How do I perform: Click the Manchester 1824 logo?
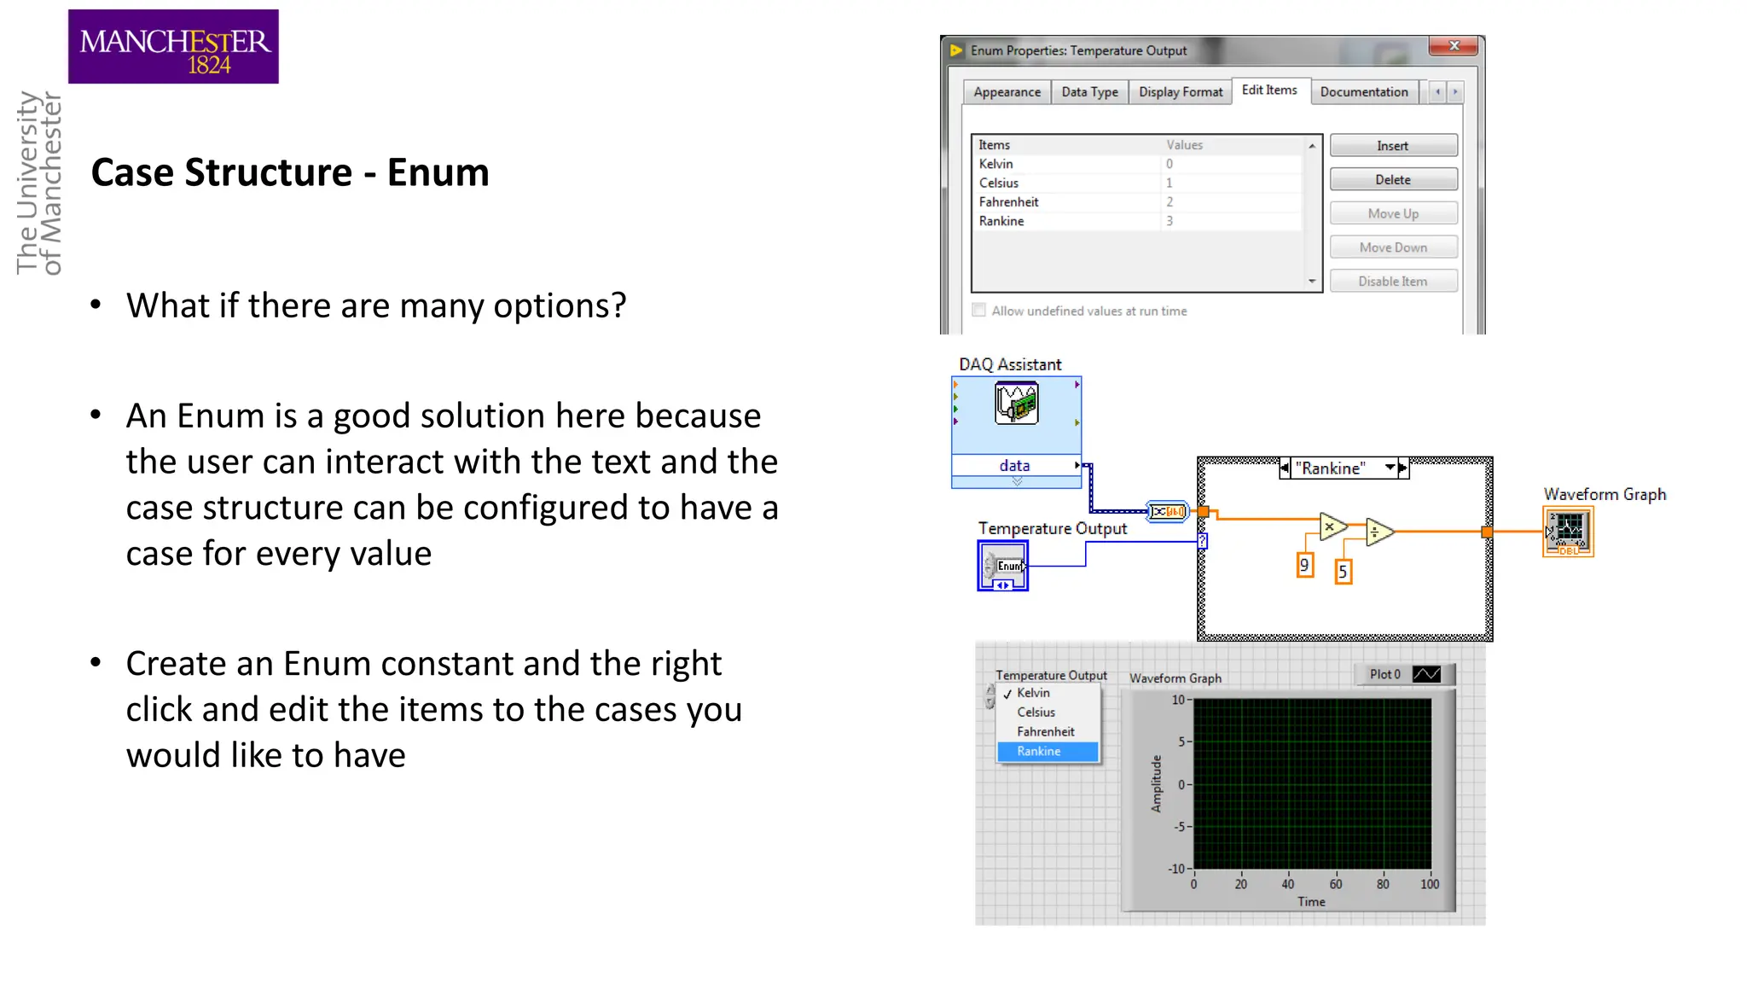pyautogui.click(x=173, y=47)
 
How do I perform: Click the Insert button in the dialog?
pyautogui.click(x=1392, y=146)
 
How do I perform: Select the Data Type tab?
pyautogui.click(x=1089, y=92)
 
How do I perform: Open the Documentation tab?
pyautogui.click(x=1363, y=92)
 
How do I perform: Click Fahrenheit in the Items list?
pyautogui.click(x=1008, y=202)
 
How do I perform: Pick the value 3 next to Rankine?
pyautogui.click(x=1170, y=221)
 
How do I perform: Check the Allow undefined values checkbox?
pyautogui.click(x=979, y=311)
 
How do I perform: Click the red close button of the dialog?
pyautogui.click(x=1454, y=46)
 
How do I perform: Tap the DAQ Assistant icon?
pyautogui.click(x=1016, y=404)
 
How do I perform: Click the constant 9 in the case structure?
pyautogui.click(x=1304, y=565)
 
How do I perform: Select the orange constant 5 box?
pyautogui.click(x=1343, y=572)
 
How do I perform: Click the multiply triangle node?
pyautogui.click(x=1331, y=526)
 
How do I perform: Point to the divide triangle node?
pyautogui.click(x=1377, y=532)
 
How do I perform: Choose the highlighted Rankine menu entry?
pyautogui.click(x=1039, y=752)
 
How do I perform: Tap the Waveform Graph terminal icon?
pyautogui.click(x=1568, y=532)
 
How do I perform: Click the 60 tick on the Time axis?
pyautogui.click(x=1335, y=884)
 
